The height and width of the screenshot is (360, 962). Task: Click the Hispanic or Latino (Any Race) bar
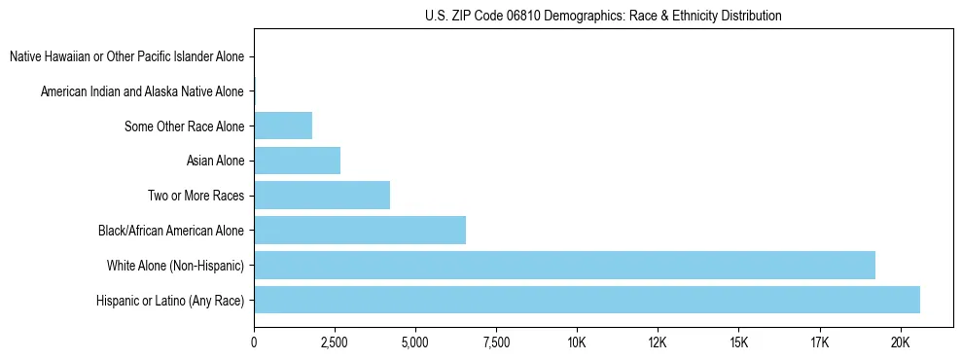(587, 300)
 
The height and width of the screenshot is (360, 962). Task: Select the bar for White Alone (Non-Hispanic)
(564, 265)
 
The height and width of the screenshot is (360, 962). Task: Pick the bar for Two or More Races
(322, 196)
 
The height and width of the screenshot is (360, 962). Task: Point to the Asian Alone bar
(297, 161)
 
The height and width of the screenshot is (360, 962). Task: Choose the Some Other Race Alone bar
(283, 126)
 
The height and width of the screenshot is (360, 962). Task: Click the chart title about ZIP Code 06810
(603, 16)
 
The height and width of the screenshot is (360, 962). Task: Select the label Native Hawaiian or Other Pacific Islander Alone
(126, 57)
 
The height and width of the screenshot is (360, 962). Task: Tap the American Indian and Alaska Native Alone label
(142, 91)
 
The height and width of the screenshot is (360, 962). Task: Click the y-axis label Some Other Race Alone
(184, 126)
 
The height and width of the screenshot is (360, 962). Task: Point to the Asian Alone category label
(215, 161)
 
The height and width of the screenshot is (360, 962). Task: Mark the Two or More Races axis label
(195, 196)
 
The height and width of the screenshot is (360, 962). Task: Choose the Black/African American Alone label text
(170, 231)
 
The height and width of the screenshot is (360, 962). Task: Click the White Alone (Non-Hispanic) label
(175, 266)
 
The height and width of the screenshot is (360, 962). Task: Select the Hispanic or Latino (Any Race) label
(169, 301)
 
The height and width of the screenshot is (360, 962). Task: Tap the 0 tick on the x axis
(254, 342)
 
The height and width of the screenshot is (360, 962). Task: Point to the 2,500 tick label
(335, 342)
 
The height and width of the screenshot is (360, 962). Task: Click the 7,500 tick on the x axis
(496, 342)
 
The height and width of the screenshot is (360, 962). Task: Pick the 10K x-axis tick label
(577, 342)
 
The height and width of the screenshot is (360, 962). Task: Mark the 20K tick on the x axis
(900, 342)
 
